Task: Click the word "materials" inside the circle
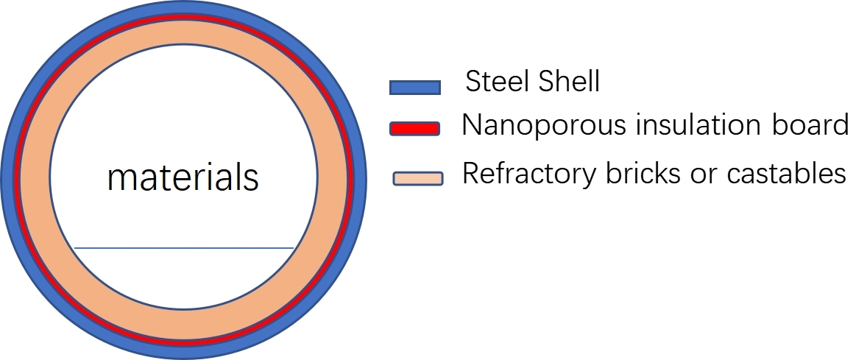pyautogui.click(x=183, y=177)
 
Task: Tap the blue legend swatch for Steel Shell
pyautogui.click(x=414, y=88)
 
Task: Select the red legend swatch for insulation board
pyautogui.click(x=414, y=129)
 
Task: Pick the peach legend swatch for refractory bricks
pyautogui.click(x=417, y=178)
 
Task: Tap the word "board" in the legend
pyautogui.click(x=813, y=124)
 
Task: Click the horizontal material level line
pyautogui.click(x=184, y=248)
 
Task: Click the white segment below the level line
pyautogui.click(x=184, y=276)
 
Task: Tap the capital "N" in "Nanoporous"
pyautogui.click(x=471, y=125)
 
